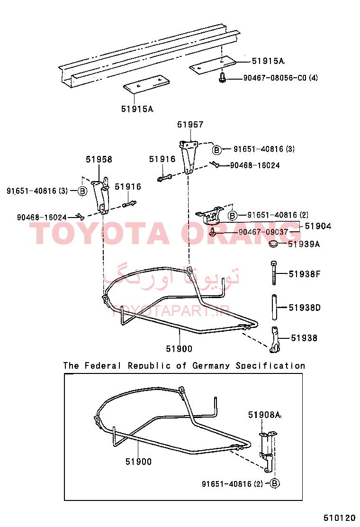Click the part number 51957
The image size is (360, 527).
point(190,125)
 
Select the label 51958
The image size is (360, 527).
point(99,159)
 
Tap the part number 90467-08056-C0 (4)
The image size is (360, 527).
point(280,78)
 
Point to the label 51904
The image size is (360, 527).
point(318,226)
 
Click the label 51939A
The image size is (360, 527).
point(304,244)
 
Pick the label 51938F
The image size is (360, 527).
point(305,274)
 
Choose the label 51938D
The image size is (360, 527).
point(305,308)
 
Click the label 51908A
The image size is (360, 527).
point(264,415)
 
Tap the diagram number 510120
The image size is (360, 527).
point(340,518)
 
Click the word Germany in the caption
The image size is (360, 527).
point(211,366)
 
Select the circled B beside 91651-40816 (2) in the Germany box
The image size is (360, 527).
point(275,484)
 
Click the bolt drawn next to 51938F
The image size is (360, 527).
point(274,273)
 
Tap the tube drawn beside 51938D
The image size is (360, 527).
point(274,308)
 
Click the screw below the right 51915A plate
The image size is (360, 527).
point(222,77)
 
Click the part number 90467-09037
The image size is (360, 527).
point(263,232)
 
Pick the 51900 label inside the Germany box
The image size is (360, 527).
point(138,462)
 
